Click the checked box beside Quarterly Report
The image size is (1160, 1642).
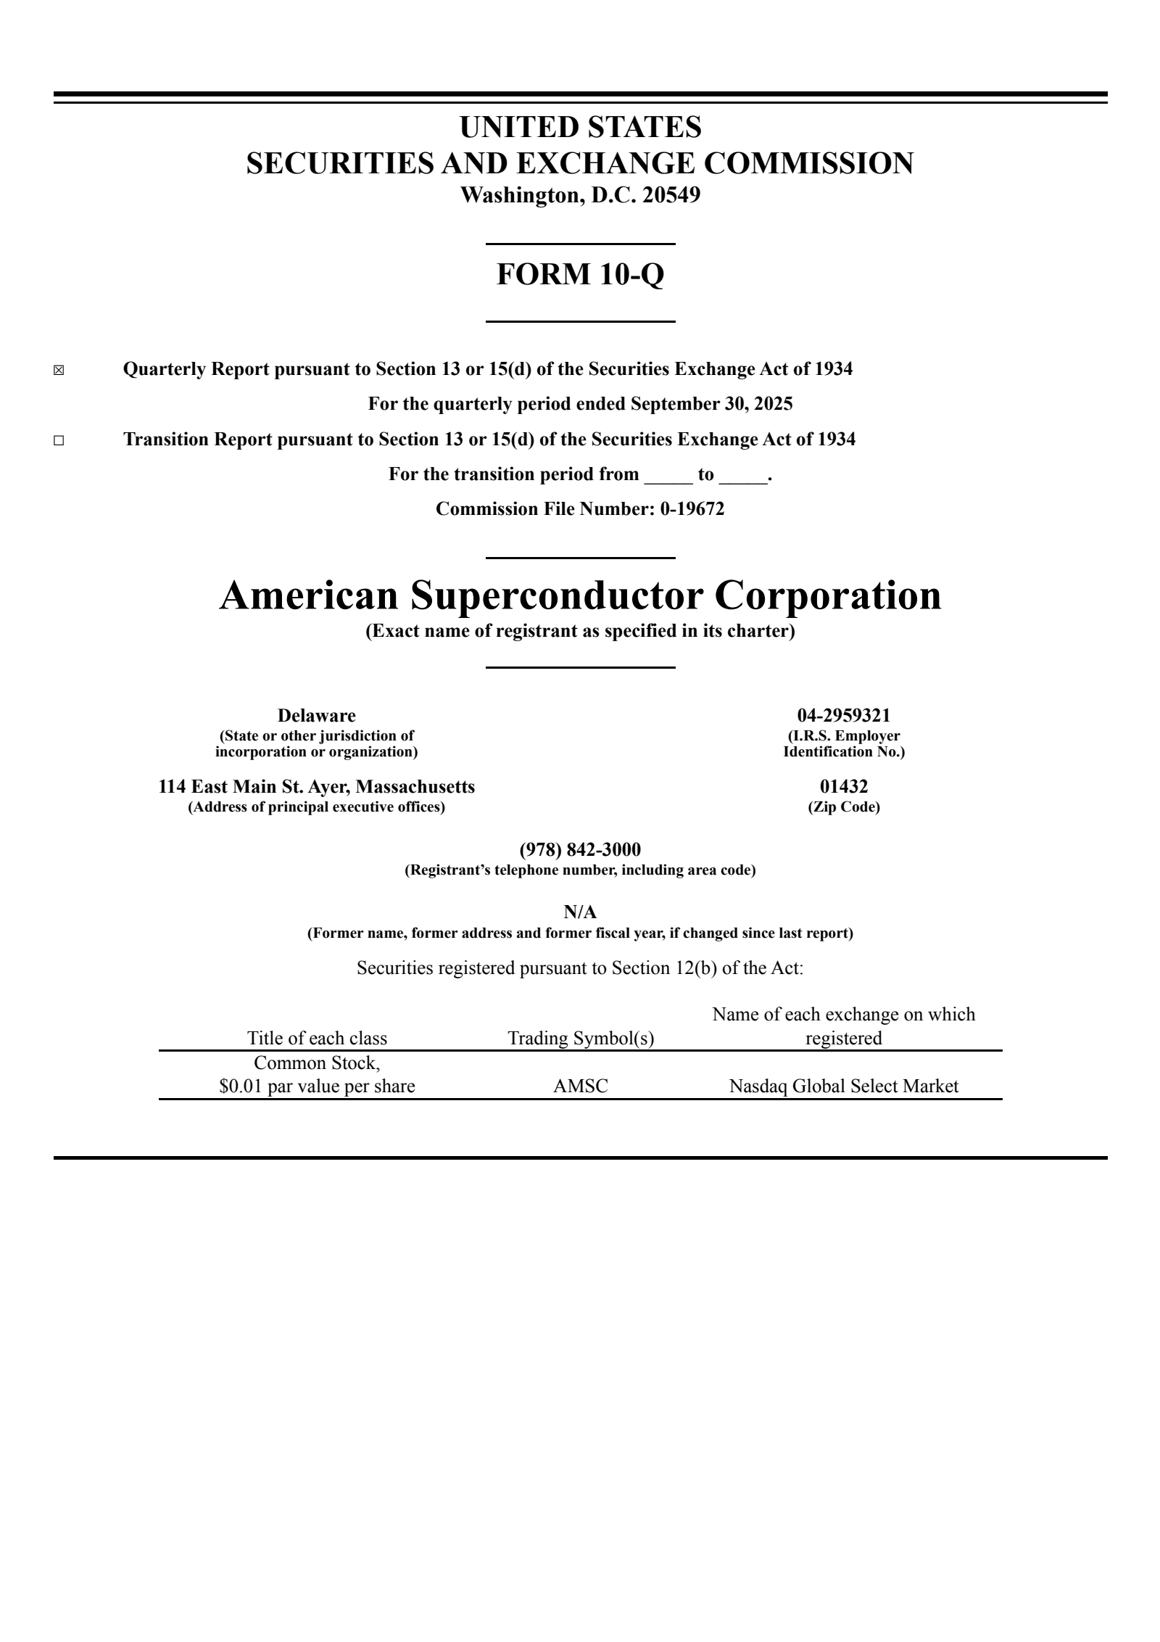pyautogui.click(x=59, y=371)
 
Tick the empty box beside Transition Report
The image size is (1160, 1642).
pyautogui.click(x=59, y=441)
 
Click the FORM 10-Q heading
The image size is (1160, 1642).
pyautogui.click(x=580, y=274)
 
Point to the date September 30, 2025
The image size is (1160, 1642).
pyautogui.click(x=711, y=404)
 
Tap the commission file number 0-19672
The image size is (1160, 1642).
pyautogui.click(x=692, y=509)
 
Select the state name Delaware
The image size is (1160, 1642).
pyautogui.click(x=317, y=716)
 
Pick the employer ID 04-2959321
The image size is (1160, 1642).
pyautogui.click(x=844, y=716)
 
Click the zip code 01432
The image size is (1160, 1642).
pyautogui.click(x=844, y=786)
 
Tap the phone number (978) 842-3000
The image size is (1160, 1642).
pyautogui.click(x=580, y=849)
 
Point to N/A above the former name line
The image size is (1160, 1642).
pyautogui.click(x=580, y=912)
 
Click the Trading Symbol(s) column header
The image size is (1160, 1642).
pyautogui.click(x=581, y=1039)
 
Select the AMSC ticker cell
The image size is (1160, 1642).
pyautogui.click(x=581, y=1086)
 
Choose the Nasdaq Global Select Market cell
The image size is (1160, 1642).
pyautogui.click(x=844, y=1086)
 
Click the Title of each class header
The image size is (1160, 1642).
pyautogui.click(x=317, y=1039)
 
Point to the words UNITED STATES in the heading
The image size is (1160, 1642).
pyautogui.click(x=580, y=128)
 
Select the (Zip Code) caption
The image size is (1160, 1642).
pyautogui.click(x=844, y=807)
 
